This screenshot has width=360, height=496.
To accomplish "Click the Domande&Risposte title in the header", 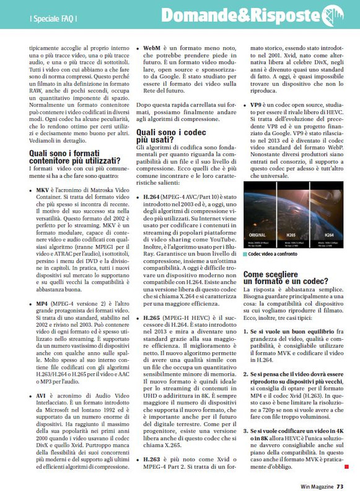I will pos(245,15).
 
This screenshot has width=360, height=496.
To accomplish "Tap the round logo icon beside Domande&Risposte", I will pos(333,14).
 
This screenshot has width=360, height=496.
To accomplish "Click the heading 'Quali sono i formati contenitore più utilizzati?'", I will pos(74,157).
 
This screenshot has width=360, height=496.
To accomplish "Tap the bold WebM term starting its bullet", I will pos(152,47).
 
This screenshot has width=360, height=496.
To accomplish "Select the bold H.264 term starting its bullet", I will pos(154,196).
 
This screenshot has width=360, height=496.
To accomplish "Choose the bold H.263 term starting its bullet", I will pos(154,460).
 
